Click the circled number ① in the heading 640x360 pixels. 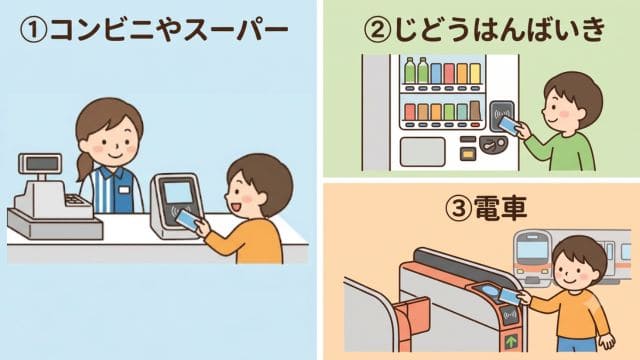[x=33, y=29]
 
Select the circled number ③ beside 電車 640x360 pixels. [x=459, y=208]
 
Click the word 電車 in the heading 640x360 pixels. [x=500, y=208]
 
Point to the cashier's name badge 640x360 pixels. [x=123, y=190]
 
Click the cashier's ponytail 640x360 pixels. [x=84, y=167]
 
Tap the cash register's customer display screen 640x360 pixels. [x=41, y=164]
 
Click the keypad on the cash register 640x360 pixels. [x=75, y=200]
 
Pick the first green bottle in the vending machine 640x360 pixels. [x=409, y=70]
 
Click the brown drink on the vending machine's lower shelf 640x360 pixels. [x=475, y=110]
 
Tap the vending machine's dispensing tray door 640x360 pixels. [x=422, y=151]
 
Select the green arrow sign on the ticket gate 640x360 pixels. [x=511, y=340]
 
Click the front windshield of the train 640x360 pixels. [x=532, y=248]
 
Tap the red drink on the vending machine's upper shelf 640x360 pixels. [x=449, y=73]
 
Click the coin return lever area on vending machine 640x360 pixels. [x=493, y=144]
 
